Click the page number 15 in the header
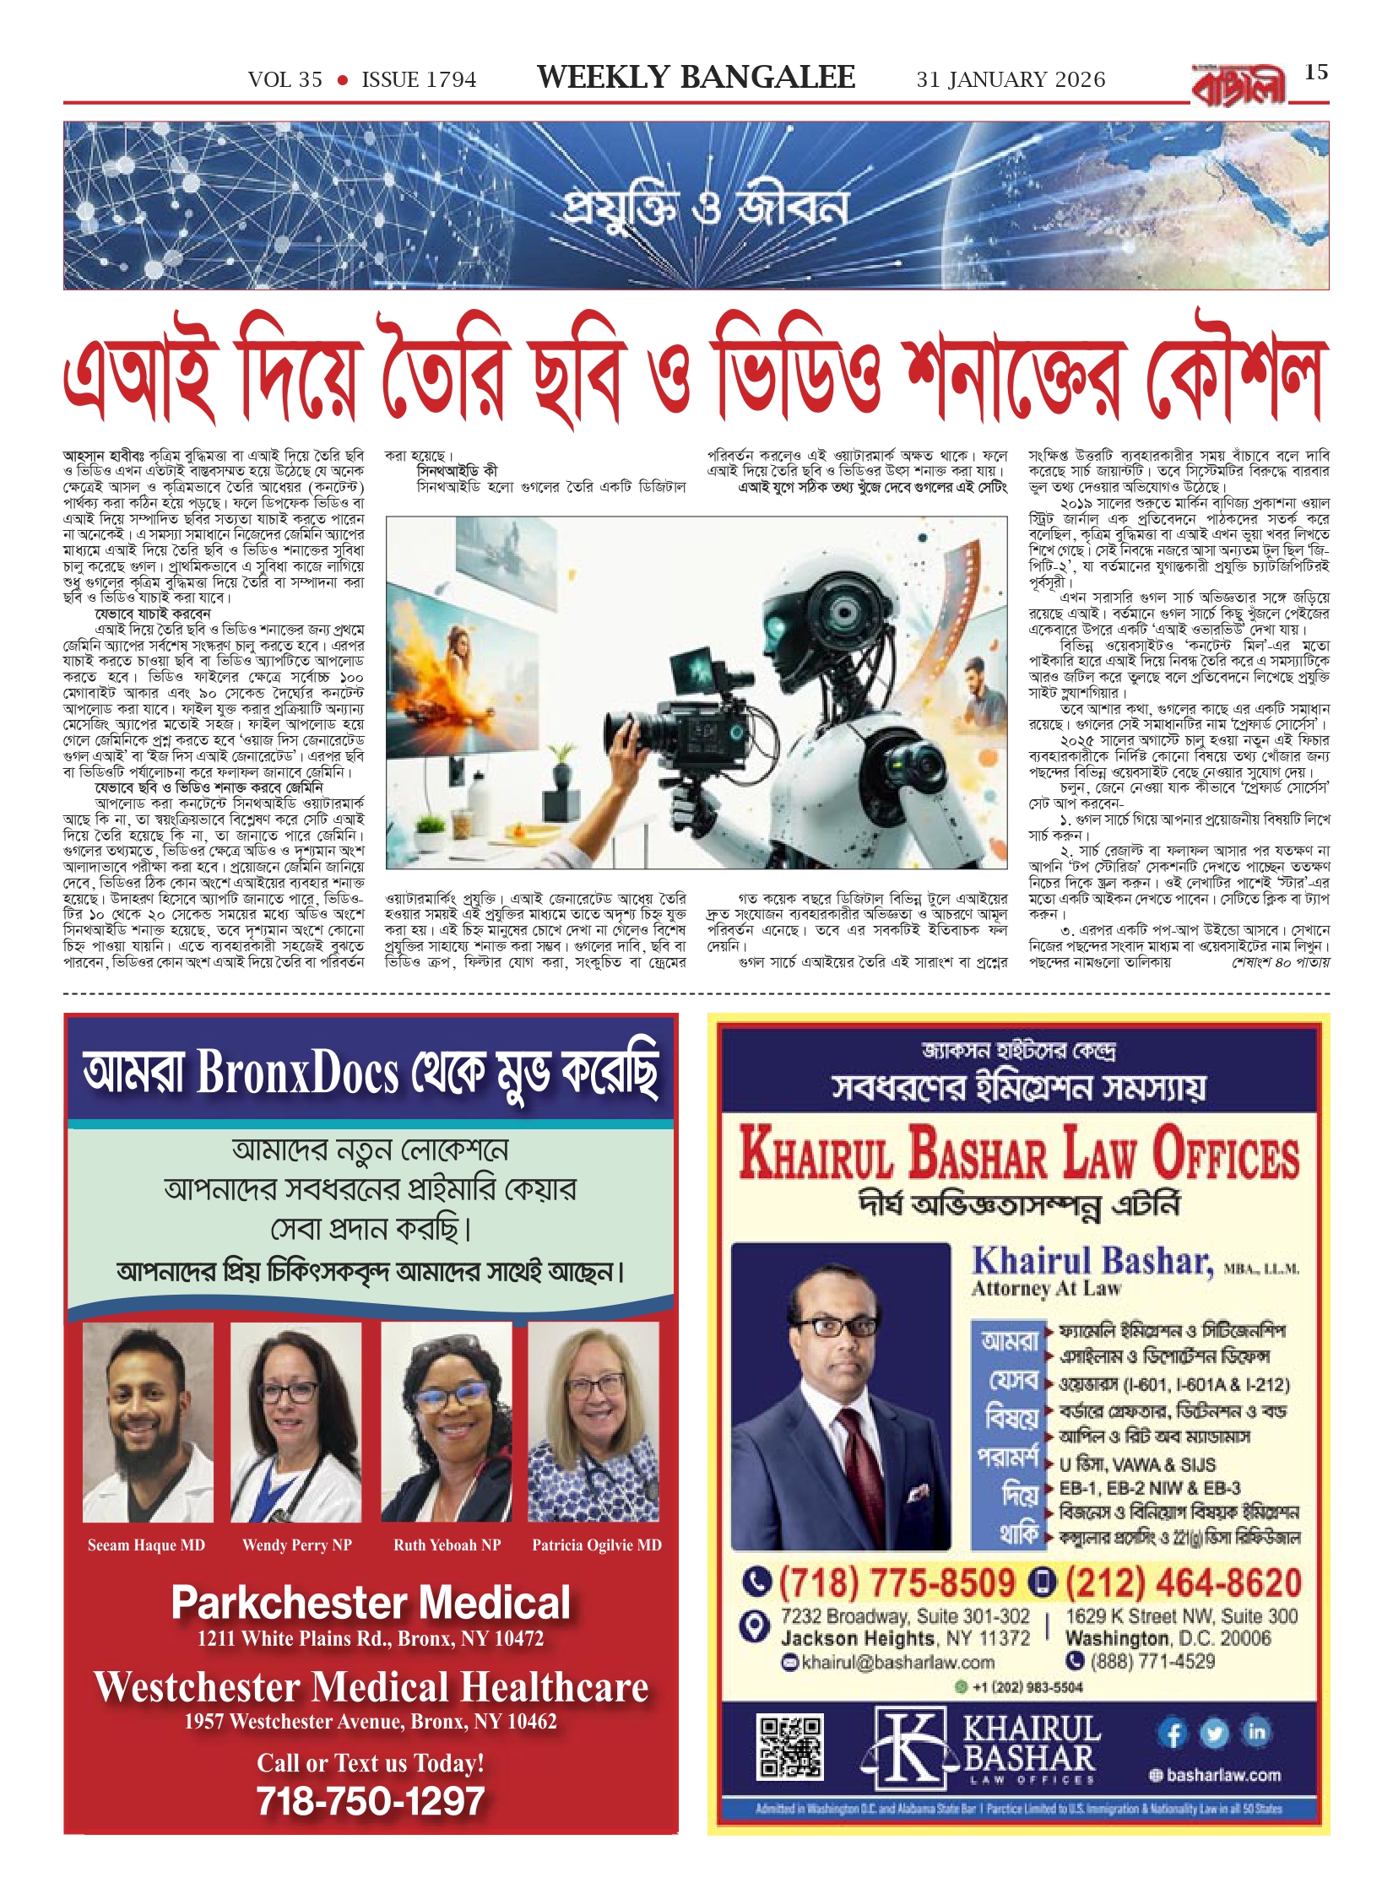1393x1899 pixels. click(1315, 73)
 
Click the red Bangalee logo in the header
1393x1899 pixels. click(1239, 85)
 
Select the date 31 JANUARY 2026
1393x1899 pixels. click(1011, 80)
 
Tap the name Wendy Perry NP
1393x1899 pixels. click(296, 1545)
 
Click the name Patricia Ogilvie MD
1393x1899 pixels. click(596, 1545)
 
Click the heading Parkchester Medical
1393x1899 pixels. click(371, 1603)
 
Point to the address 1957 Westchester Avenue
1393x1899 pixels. click(371, 1722)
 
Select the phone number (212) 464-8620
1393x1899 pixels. click(1183, 1582)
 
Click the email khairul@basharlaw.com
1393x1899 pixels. click(897, 1663)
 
